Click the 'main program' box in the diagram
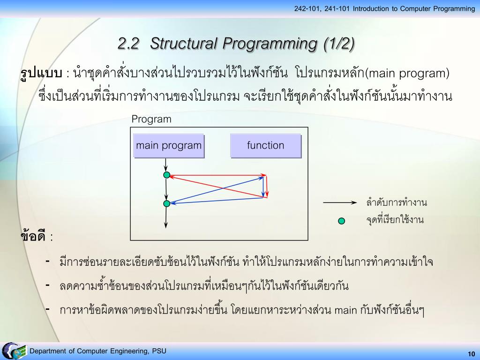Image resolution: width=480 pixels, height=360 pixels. [169, 145]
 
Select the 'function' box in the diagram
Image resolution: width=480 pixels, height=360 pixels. [265, 145]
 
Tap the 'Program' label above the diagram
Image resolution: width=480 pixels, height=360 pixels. [151, 119]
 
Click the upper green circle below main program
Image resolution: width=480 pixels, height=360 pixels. [166, 175]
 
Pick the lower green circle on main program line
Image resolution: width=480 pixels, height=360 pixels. [166, 203]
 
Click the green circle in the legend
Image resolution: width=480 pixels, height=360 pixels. [342, 221]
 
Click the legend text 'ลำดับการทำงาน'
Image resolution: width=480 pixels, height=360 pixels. [396, 203]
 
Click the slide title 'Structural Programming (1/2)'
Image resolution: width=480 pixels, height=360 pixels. [236, 44]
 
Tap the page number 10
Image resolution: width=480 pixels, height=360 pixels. [471, 353]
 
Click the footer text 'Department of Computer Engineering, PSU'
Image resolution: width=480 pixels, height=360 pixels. [98, 352]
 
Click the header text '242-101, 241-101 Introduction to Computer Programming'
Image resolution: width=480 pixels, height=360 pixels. [384, 8]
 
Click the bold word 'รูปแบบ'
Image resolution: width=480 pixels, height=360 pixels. [41, 74]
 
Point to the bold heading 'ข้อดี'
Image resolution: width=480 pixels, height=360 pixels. [34, 236]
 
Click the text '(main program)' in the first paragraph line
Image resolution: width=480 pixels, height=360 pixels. [407, 74]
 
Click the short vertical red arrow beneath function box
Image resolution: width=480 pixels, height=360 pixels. [267, 187]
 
